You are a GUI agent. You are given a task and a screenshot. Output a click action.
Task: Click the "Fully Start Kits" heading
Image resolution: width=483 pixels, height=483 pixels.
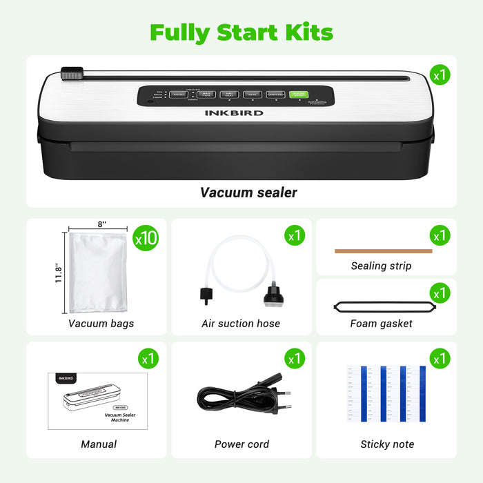241,32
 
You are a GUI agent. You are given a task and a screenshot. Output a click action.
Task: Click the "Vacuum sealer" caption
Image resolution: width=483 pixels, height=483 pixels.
248,193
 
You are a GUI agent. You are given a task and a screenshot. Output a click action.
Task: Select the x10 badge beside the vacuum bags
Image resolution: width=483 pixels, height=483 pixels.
146,238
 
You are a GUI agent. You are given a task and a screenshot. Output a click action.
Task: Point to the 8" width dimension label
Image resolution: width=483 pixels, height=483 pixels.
102,224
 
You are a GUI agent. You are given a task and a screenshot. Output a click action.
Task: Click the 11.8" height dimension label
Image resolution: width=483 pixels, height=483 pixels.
60,271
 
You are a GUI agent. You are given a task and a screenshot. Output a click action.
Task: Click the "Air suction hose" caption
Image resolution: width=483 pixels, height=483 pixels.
241,323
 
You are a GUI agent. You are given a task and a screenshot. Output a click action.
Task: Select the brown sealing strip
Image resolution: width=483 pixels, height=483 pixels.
383,251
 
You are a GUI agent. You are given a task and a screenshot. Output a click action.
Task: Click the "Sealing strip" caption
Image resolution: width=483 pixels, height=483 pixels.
381,266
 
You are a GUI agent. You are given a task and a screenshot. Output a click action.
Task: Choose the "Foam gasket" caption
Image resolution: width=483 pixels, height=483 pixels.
382,323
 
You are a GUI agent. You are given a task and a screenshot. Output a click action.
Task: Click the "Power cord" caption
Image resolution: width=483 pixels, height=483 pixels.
241,444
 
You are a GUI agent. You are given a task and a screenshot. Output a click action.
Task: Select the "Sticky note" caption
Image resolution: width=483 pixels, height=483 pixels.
387,444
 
